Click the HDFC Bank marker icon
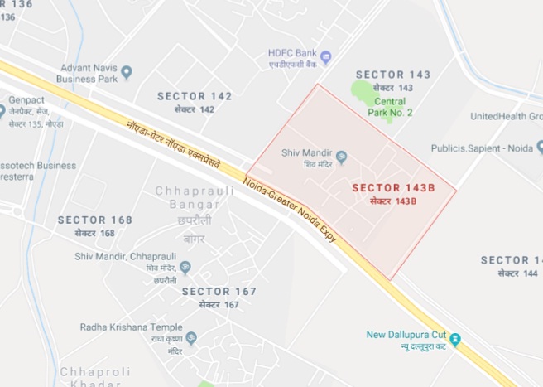pos(325,57)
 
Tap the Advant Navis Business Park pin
pos(127,73)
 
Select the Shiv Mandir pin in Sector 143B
pos(341,157)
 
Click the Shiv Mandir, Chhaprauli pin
pos(185,267)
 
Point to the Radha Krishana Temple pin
pos(191,338)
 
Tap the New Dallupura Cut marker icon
pos(455,340)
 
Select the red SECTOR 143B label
pos(393,187)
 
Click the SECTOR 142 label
pos(195,96)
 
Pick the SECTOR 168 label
pos(95,220)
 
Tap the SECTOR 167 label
pos(219,291)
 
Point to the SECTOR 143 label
pos(393,75)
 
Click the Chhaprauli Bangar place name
pos(188,197)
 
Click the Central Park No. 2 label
pos(392,107)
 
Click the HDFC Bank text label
pos(291,51)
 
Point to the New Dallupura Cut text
pos(406,335)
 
